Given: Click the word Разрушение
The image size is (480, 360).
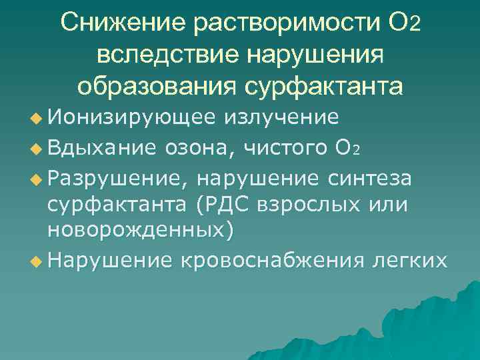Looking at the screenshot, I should click(x=115, y=179).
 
